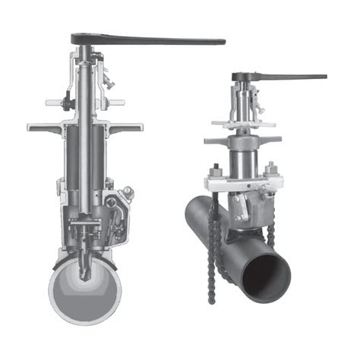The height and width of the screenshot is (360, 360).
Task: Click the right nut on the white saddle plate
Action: [270, 168]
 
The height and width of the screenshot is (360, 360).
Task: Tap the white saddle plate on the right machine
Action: [243, 183]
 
